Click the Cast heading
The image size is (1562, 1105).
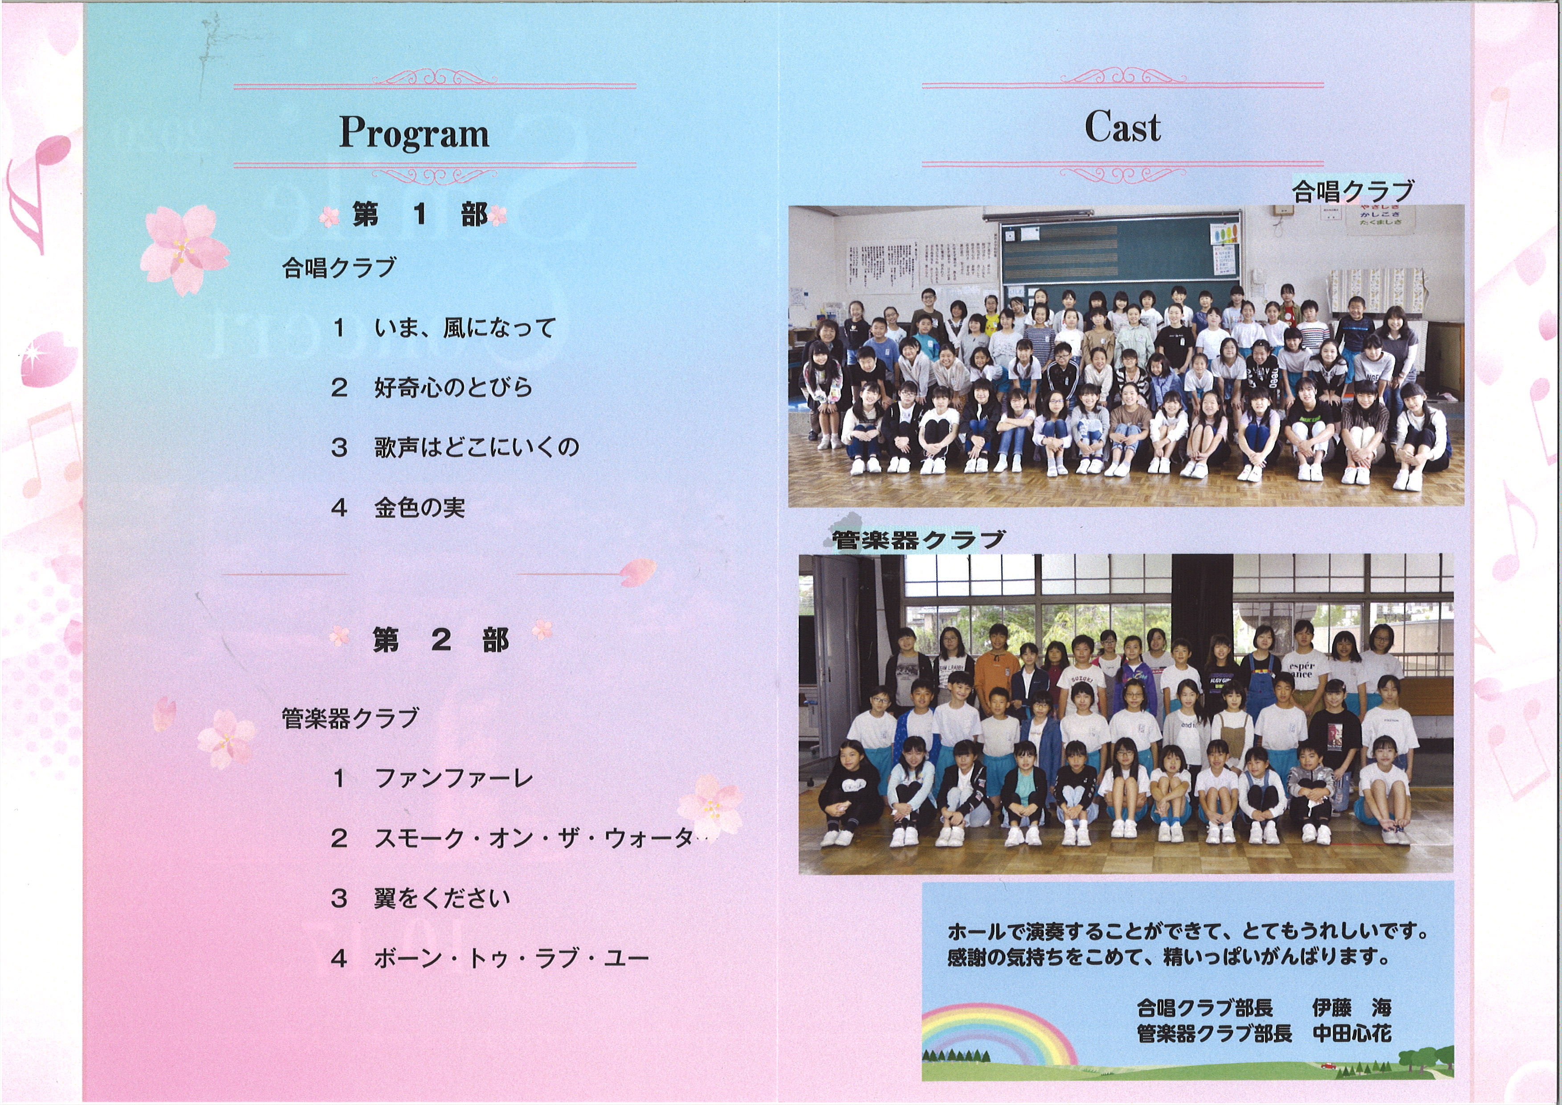(x=1122, y=127)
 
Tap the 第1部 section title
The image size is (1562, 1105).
(x=420, y=215)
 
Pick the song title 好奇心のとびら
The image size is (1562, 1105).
(x=453, y=388)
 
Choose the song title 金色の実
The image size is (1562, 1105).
(x=419, y=507)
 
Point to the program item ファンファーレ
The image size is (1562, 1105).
(x=454, y=778)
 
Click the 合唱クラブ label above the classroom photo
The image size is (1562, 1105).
(x=1353, y=191)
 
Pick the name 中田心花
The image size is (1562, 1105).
(x=1352, y=1034)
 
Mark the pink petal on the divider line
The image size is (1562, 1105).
(x=637, y=572)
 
